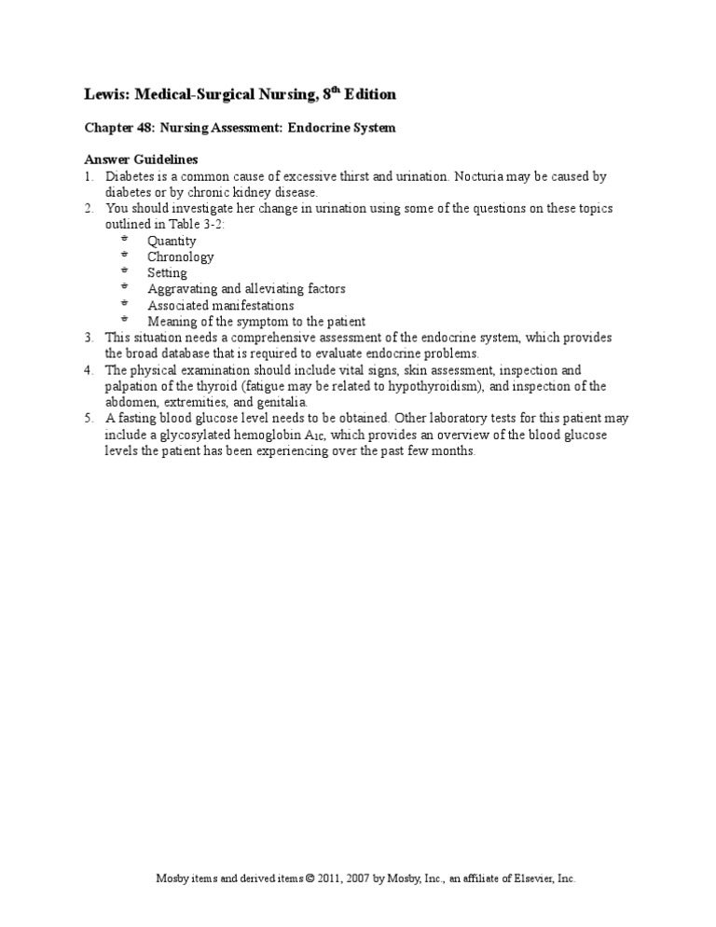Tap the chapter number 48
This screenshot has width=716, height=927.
146,129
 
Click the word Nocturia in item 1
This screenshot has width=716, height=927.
477,176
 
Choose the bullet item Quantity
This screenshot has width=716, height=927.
172,241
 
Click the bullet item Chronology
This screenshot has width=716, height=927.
180,256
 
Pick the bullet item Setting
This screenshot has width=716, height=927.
167,273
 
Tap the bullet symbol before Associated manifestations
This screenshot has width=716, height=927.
124,304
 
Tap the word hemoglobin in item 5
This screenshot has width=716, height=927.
281,435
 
